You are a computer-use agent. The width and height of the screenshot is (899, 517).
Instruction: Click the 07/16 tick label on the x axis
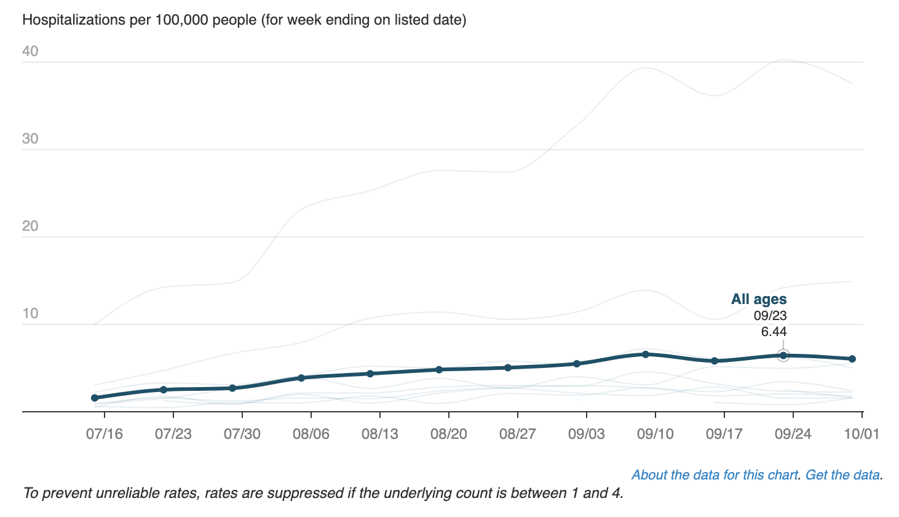point(104,434)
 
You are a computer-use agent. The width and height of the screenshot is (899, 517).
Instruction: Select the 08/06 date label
point(311,434)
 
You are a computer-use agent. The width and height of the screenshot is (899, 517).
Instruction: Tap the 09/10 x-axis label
point(655,434)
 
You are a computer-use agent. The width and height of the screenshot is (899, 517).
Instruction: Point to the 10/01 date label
point(861,434)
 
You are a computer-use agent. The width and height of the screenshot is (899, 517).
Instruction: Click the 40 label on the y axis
point(30,52)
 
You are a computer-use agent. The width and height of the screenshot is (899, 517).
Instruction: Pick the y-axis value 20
point(30,226)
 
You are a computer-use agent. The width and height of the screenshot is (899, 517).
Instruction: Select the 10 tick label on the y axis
point(30,314)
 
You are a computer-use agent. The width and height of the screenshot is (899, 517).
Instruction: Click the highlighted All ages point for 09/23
point(783,355)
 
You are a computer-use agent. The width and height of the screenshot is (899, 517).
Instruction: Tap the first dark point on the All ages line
point(95,398)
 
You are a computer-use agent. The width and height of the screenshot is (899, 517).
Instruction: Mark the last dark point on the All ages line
point(852,359)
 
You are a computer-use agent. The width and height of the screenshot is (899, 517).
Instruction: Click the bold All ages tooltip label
point(759,300)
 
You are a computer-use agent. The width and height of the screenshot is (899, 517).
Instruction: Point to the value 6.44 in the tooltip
point(774,332)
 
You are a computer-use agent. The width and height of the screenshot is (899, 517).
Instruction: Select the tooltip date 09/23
point(770,316)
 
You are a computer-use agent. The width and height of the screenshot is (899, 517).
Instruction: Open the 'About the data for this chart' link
point(715,475)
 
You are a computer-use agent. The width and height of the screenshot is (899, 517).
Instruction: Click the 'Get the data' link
point(842,475)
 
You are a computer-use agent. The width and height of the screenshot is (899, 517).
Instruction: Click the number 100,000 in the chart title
point(181,20)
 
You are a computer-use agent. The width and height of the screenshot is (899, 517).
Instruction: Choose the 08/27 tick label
point(517,434)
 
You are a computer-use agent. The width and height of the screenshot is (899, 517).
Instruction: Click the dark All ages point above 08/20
point(439,370)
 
